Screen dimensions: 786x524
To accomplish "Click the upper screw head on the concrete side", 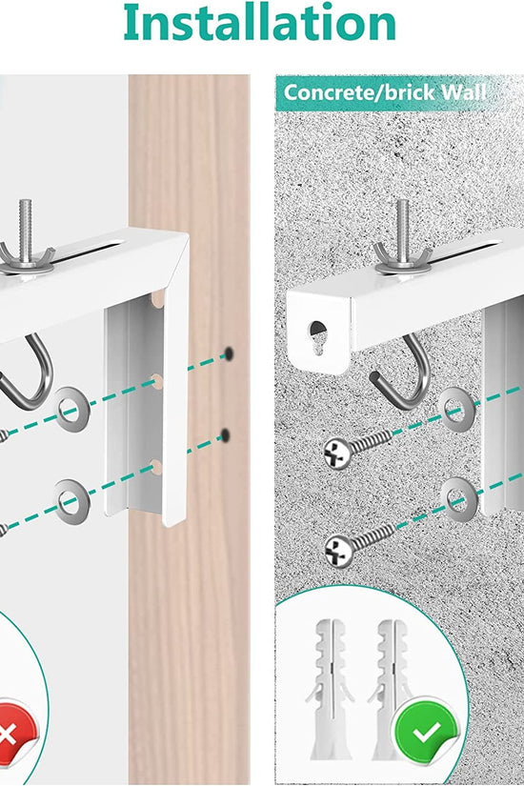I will coord(337,453).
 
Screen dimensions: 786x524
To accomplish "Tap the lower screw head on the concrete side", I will coord(337,550).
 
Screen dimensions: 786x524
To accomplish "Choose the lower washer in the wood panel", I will coord(68,496).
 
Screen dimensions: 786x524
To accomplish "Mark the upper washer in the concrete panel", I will coord(454,411).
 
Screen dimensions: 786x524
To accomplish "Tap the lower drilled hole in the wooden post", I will coord(225,436).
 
